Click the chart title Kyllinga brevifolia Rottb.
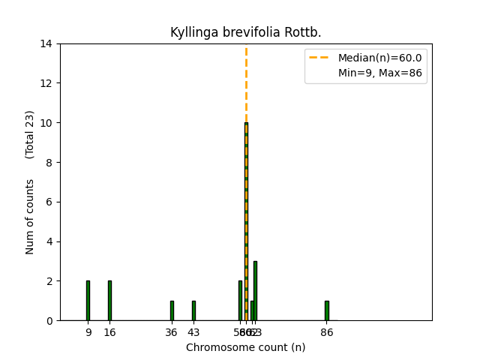click(x=246, y=32)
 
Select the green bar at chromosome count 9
click(x=88, y=301)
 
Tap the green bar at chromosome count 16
click(x=109, y=301)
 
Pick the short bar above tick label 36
click(x=172, y=310)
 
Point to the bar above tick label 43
click(x=193, y=310)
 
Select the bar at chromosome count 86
click(x=326, y=310)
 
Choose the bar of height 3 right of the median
click(x=255, y=291)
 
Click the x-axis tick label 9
click(x=88, y=332)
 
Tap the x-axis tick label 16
click(x=109, y=332)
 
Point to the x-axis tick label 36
click(x=172, y=332)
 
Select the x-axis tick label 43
click(x=193, y=332)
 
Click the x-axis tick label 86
click(x=326, y=332)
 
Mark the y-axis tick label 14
click(x=46, y=43)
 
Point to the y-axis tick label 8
click(x=49, y=162)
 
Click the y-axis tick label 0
click(x=49, y=320)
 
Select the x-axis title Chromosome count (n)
click(x=246, y=347)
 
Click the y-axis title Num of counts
click(x=30, y=216)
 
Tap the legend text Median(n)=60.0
click(x=379, y=58)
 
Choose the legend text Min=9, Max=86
click(x=379, y=73)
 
